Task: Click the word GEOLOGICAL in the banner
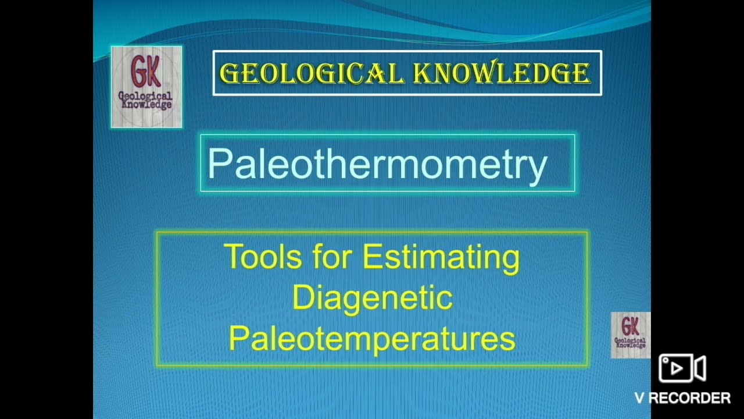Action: [312, 73]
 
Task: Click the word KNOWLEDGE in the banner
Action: [502, 73]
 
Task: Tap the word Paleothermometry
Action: [377, 164]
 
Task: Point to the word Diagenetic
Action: [372, 298]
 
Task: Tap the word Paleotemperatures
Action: [372, 339]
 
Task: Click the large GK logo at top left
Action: [146, 87]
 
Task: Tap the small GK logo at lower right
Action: [631, 335]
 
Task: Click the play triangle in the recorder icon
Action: [676, 368]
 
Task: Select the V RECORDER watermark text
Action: [682, 398]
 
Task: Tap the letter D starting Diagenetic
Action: [303, 298]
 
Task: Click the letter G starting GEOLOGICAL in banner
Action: [228, 73]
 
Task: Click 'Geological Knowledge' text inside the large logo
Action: [145, 101]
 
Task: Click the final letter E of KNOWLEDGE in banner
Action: [582, 73]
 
